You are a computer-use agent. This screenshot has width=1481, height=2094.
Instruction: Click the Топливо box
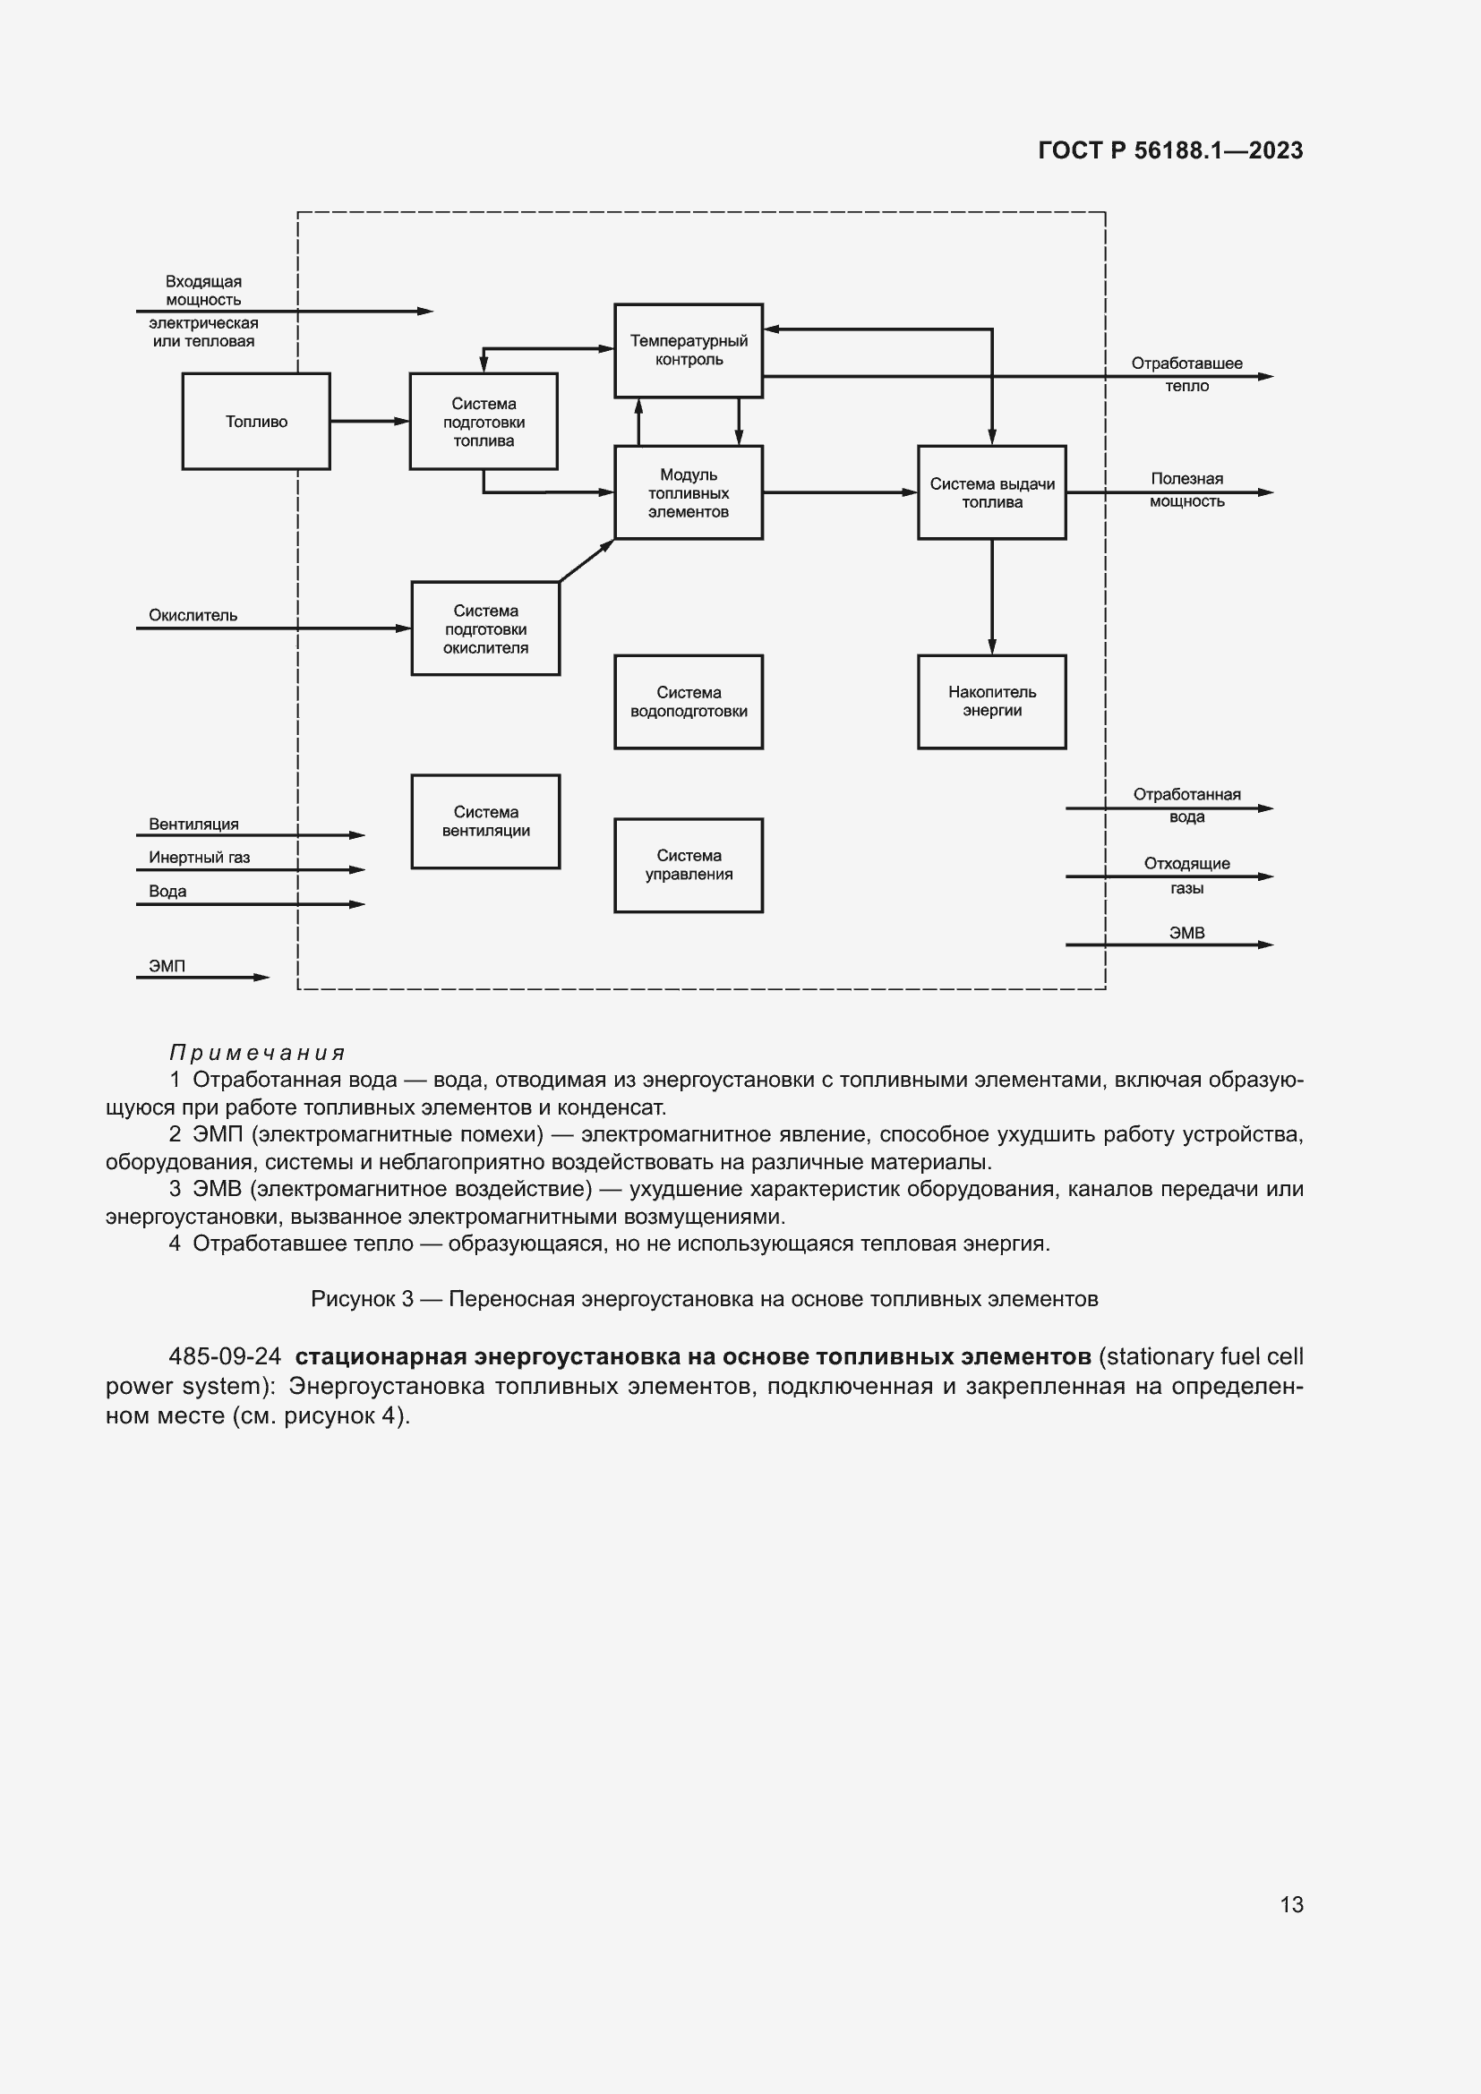coord(255,422)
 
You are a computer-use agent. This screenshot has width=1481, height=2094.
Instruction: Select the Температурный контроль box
coord(689,350)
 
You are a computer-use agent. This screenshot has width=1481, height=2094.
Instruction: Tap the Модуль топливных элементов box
coord(689,492)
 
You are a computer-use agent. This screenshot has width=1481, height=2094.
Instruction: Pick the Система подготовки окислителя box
coord(485,628)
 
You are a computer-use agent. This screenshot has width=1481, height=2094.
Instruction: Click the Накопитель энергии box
coord(991,701)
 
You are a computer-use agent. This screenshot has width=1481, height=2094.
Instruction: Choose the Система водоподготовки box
coord(689,701)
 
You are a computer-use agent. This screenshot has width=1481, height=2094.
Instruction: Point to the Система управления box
coord(689,865)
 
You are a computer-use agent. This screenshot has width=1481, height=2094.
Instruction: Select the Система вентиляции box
coord(485,821)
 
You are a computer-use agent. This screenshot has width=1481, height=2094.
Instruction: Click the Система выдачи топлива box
coord(991,492)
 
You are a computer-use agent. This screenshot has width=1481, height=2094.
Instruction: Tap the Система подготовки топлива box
coord(484,422)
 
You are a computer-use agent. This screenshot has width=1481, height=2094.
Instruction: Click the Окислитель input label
coord(193,616)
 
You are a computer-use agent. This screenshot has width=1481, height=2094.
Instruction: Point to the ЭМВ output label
coord(1186,933)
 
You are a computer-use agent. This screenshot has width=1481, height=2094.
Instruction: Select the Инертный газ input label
coord(199,858)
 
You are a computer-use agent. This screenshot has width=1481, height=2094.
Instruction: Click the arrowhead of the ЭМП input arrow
coord(262,978)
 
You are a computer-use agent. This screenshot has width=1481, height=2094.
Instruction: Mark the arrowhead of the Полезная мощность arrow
coord(1266,492)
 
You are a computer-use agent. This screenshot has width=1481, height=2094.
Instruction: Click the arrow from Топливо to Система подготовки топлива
coord(369,422)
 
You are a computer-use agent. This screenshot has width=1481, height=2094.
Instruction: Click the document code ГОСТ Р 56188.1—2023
coord(1170,150)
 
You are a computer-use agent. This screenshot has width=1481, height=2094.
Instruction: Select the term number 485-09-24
coord(226,1356)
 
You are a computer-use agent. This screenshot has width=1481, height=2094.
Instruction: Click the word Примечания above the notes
coord(258,1054)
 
